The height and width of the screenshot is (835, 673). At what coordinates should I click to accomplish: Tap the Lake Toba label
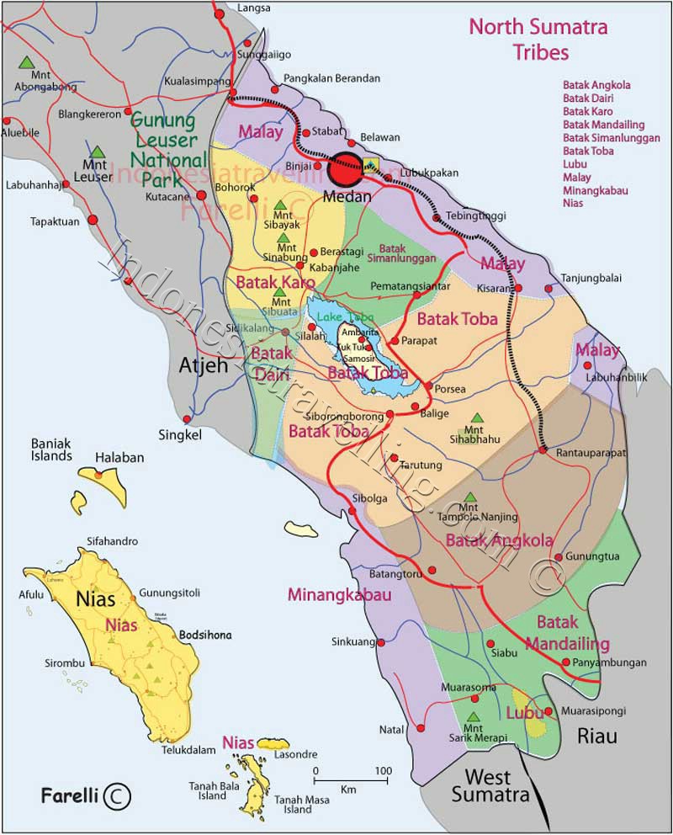click(336, 316)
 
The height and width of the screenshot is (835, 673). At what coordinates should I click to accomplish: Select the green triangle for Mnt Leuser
click(98, 152)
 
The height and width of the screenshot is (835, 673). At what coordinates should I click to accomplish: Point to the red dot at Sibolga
click(352, 508)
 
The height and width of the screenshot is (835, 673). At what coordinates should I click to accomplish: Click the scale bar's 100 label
click(383, 770)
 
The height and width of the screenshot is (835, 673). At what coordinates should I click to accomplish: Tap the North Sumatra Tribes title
click(538, 39)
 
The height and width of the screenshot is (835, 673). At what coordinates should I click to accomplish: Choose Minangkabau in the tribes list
click(595, 190)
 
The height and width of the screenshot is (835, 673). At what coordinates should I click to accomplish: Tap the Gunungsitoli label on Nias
click(170, 592)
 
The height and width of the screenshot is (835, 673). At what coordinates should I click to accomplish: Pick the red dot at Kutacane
click(201, 195)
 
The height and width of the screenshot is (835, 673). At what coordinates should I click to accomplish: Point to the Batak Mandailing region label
click(568, 633)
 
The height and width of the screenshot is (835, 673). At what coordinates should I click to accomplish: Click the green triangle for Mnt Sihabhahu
click(478, 417)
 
